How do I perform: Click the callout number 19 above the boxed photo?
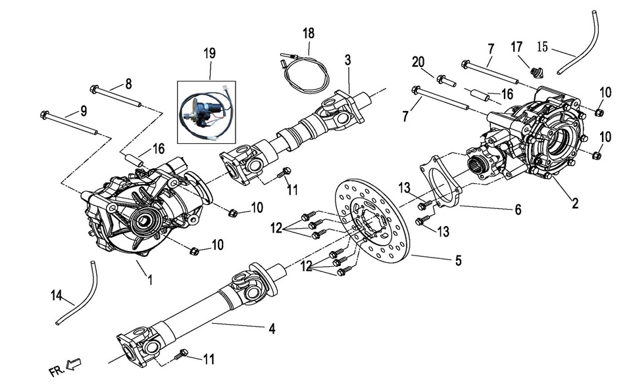210,53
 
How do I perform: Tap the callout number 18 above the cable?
309,33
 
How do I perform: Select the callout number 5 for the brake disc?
458,260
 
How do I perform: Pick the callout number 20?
418,62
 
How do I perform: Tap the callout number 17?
517,47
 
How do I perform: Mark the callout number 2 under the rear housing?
574,203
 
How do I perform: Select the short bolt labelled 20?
445,81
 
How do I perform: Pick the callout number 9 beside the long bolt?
84,111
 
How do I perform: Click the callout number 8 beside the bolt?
128,83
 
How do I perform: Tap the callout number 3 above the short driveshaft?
347,60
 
